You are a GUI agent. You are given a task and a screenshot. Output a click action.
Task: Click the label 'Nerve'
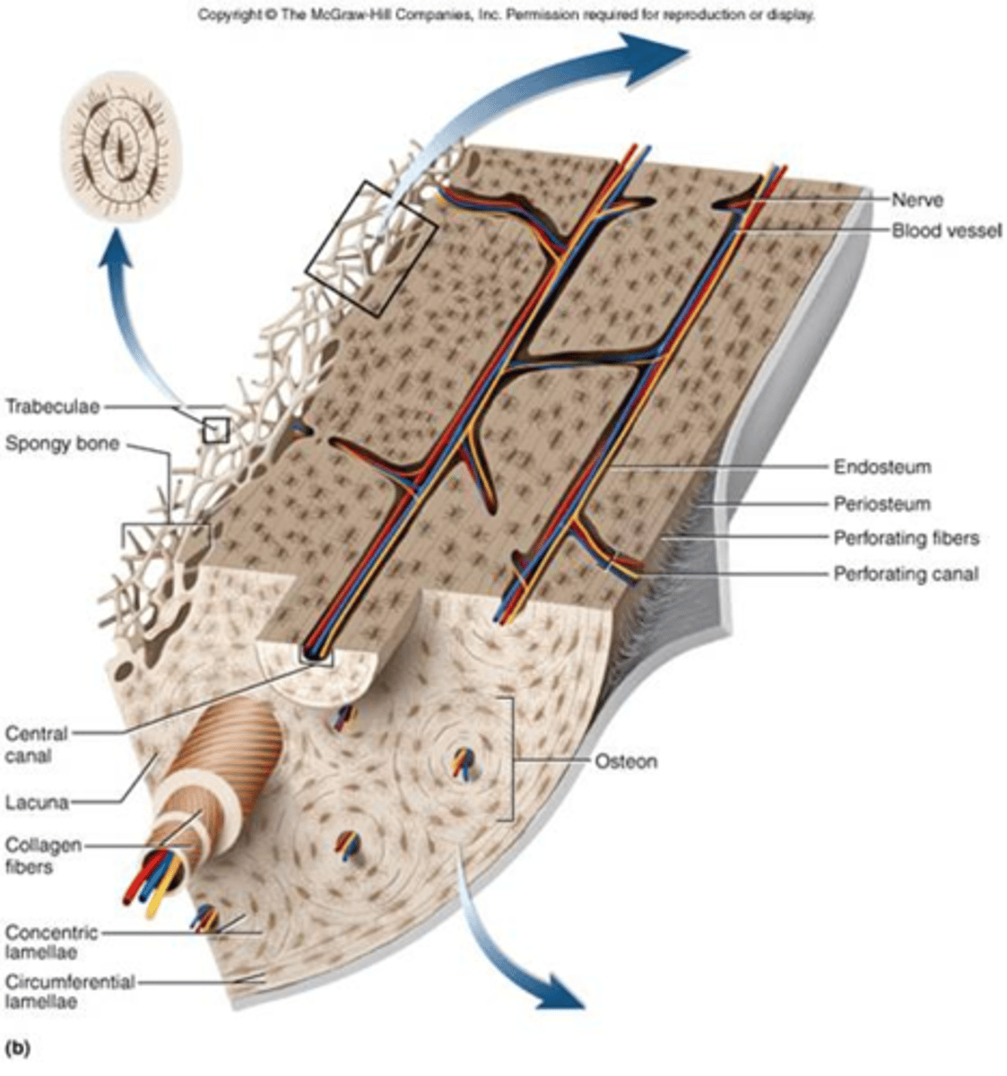pos(917,200)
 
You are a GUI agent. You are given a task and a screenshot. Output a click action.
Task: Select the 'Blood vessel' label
pos(945,230)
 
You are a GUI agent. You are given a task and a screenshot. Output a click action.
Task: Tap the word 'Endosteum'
pos(881,467)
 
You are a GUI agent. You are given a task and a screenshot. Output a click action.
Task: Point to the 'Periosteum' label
pos(881,504)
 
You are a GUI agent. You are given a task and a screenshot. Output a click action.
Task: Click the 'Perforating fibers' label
pos(906,539)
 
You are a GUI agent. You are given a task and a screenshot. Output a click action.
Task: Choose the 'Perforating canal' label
pos(906,574)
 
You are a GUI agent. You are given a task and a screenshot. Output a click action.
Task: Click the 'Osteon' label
pos(626,761)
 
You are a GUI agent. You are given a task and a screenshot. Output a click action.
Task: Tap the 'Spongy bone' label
pos(62,443)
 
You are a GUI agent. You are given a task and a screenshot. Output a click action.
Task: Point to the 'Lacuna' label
pos(37,802)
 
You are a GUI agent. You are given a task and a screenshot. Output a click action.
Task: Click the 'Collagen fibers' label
pos(43,855)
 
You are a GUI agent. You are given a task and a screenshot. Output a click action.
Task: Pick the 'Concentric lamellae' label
pos(50,941)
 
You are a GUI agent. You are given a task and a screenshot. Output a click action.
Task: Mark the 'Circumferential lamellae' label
pos(69,991)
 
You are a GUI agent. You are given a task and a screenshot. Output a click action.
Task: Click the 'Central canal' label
pos(36,744)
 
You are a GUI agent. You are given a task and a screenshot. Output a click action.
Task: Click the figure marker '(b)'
pos(18,1046)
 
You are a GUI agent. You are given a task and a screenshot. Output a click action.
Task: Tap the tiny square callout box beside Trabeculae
pos(216,430)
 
